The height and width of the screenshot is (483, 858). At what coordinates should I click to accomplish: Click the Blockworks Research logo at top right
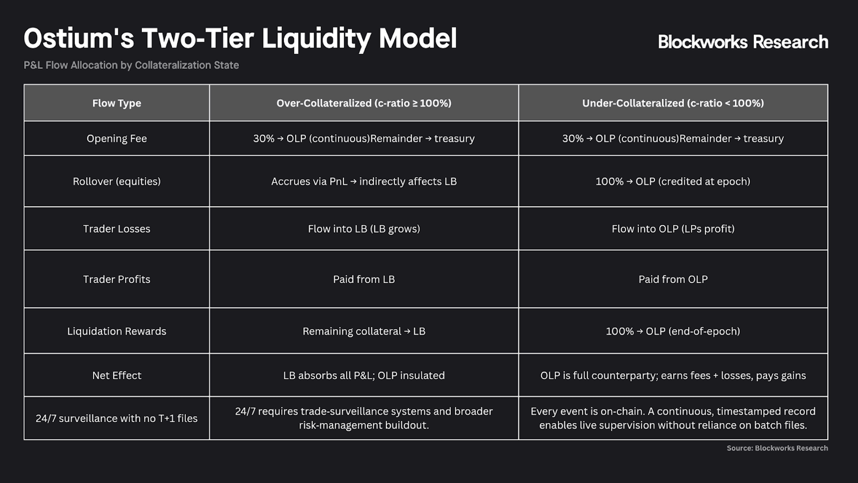(743, 42)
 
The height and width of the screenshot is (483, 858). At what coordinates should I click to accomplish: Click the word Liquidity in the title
(316, 39)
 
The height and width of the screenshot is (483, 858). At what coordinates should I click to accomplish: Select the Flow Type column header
(117, 103)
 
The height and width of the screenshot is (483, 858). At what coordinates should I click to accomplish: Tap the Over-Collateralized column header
(364, 103)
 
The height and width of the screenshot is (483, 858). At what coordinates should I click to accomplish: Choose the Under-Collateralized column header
(673, 103)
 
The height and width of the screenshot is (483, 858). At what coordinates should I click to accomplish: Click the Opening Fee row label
(117, 138)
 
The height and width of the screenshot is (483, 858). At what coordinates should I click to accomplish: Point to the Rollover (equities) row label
(117, 181)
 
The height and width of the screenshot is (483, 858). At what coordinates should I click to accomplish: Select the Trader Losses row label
(117, 228)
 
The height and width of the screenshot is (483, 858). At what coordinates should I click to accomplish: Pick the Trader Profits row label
(117, 279)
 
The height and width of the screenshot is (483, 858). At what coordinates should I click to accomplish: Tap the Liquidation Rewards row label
(117, 331)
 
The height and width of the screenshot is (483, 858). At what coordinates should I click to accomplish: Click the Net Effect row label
(117, 375)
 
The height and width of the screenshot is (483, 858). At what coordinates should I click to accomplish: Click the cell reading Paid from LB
(364, 279)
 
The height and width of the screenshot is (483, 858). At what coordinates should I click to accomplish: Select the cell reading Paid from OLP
(673, 279)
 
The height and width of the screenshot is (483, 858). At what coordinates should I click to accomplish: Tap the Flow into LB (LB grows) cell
(364, 228)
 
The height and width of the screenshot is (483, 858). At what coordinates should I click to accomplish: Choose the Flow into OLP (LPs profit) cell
(673, 228)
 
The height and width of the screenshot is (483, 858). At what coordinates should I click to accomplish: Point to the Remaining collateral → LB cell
(364, 331)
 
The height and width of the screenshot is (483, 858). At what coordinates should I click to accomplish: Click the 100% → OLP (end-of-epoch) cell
(673, 331)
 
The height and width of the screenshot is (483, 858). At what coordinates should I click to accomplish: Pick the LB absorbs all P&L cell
(364, 375)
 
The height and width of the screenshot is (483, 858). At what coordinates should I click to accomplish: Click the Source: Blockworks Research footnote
(777, 448)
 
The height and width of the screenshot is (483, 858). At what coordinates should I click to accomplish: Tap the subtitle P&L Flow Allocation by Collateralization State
(131, 65)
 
